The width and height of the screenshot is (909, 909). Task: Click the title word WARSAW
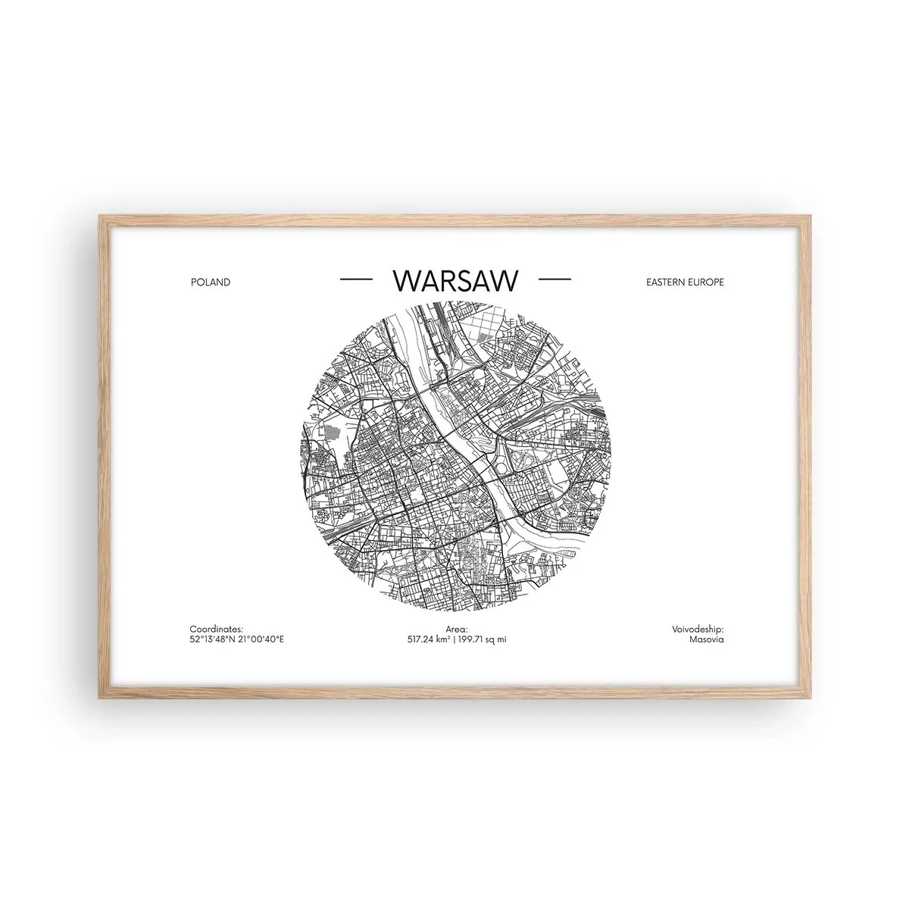pyautogui.click(x=456, y=280)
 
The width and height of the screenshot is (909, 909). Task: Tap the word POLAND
pyautogui.click(x=211, y=282)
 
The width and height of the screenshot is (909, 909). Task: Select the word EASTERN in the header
pyautogui.click(x=664, y=282)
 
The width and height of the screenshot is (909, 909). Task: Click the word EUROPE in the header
pyautogui.click(x=706, y=282)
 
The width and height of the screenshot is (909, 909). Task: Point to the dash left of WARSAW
pyautogui.click(x=357, y=280)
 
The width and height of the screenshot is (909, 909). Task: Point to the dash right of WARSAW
pyautogui.click(x=554, y=280)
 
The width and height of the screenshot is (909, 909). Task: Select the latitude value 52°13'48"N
pyautogui.click(x=214, y=640)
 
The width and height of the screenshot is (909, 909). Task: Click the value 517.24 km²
pyautogui.click(x=430, y=640)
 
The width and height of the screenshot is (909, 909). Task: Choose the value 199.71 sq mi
pyautogui.click(x=483, y=640)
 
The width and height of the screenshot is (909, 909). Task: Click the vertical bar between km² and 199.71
pyautogui.click(x=456, y=640)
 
